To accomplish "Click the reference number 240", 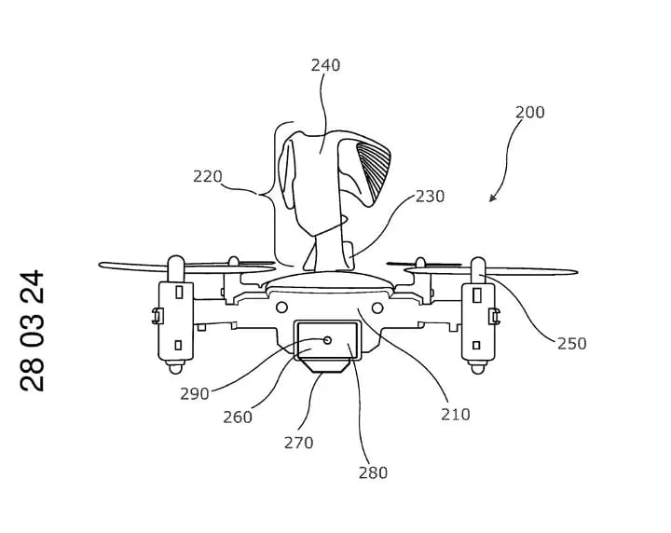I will [325, 65].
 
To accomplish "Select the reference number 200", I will [529, 113].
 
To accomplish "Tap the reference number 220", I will [208, 175].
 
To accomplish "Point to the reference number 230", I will [430, 197].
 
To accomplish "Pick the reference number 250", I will [571, 343].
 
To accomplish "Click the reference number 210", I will [456, 413].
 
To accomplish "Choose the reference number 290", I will [195, 393].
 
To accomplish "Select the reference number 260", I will [238, 417].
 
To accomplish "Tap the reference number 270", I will [299, 444].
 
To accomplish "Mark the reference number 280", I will [373, 472].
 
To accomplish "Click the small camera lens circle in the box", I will [327, 340].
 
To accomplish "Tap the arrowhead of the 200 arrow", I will [493, 198].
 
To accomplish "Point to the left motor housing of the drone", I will [174, 313].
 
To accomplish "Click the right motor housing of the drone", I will [479, 313].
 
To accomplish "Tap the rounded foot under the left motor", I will [174, 369].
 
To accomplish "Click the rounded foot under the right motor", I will [479, 369].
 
